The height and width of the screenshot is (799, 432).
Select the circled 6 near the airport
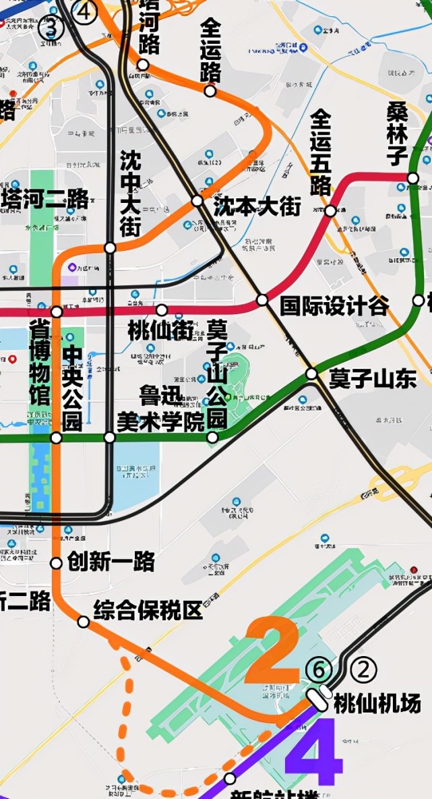pyautogui.click(x=319, y=670)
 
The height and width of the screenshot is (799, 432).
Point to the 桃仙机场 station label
pyautogui.click(x=377, y=703)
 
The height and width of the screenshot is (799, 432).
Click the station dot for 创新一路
pyautogui.click(x=57, y=563)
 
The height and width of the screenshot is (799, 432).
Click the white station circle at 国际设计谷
pyautogui.click(x=262, y=299)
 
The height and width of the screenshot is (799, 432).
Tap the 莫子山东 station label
pyautogui.click(x=372, y=379)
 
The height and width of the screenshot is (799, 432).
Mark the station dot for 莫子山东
pyautogui.click(x=311, y=374)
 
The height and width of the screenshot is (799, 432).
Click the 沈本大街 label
pyautogui.click(x=257, y=206)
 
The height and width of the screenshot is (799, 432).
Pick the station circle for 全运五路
pyautogui.click(x=330, y=211)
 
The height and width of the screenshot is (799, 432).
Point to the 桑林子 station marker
pyautogui.click(x=413, y=178)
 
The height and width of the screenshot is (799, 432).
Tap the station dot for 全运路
pyautogui.click(x=210, y=91)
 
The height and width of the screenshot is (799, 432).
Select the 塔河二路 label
pyautogui.click(x=45, y=199)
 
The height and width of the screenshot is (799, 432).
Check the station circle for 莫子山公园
pyautogui.click(x=212, y=438)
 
